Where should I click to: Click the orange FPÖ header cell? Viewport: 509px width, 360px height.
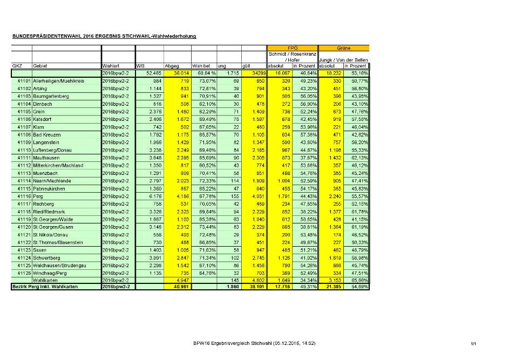click(292, 48)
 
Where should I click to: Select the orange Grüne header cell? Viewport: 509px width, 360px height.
click(344, 48)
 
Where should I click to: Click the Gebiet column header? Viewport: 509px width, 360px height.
click(40, 65)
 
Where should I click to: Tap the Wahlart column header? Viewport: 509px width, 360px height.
click(111, 65)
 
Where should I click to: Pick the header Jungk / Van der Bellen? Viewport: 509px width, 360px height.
click(344, 59)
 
